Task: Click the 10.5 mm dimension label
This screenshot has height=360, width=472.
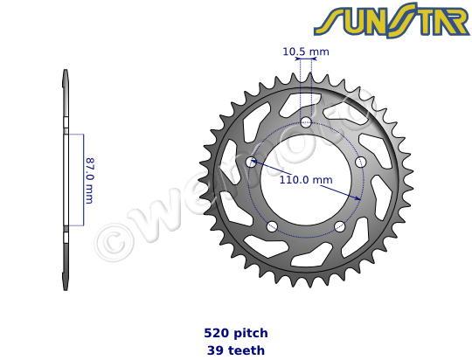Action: (306, 52)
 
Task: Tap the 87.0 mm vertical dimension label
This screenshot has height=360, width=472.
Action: (89, 181)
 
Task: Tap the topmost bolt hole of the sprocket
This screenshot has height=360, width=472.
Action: (306, 121)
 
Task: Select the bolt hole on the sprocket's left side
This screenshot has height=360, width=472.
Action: (252, 163)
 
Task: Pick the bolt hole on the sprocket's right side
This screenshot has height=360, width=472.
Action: (360, 162)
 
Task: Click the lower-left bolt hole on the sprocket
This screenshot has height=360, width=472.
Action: (272, 226)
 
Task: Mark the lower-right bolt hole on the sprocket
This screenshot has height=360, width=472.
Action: (340, 226)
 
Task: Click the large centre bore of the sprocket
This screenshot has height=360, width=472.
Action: (306, 183)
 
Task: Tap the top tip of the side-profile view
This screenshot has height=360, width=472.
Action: (66, 73)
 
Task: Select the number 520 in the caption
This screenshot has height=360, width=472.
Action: (213, 333)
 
